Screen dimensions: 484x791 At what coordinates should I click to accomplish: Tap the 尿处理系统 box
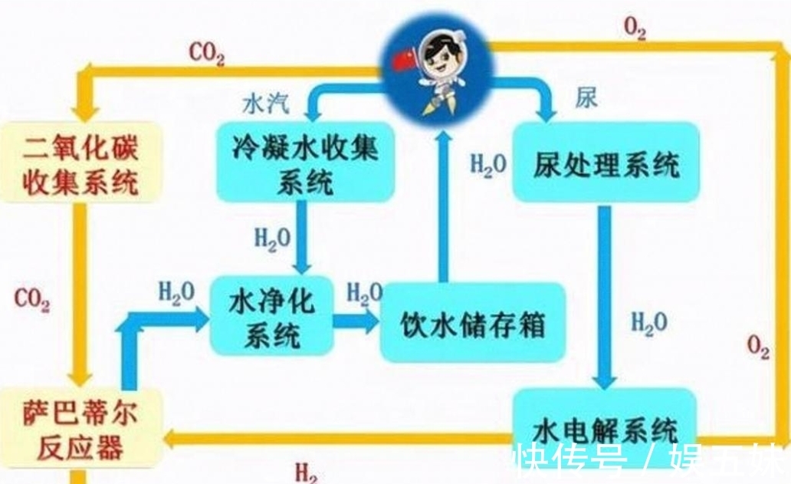pyautogui.click(x=606, y=163)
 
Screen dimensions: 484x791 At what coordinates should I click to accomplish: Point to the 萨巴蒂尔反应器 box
pyautogui.click(x=80, y=431)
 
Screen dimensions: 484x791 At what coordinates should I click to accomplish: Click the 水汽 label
pyautogui.click(x=263, y=103)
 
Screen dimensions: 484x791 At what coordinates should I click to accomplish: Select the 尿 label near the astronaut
pyautogui.click(x=585, y=98)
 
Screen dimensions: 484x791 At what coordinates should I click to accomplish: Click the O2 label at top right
pyautogui.click(x=634, y=28)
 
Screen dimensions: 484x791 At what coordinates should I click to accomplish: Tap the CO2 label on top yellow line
pyautogui.click(x=206, y=54)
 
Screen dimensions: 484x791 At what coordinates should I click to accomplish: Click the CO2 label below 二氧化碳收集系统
pyautogui.click(x=31, y=300)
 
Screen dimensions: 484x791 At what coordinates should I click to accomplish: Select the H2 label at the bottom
pyautogui.click(x=306, y=472)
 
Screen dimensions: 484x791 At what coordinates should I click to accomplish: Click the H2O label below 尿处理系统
pyautogui.click(x=648, y=322)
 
